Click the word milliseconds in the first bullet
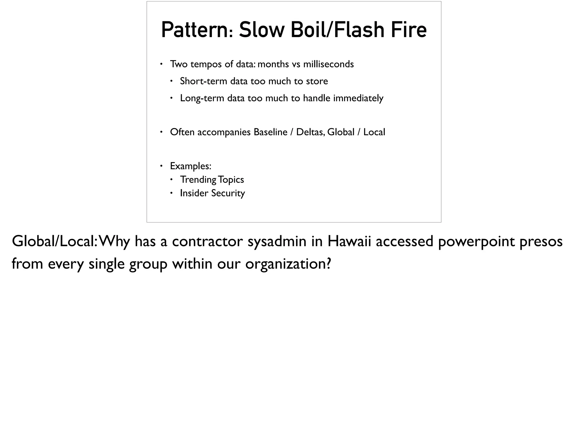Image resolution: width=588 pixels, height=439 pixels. tap(328, 64)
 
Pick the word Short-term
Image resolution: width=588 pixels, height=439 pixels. tap(204, 81)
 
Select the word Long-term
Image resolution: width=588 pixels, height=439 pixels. tap(202, 98)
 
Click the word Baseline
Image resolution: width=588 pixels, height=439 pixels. tap(270, 132)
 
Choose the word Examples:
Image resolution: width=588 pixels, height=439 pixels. tap(191, 166)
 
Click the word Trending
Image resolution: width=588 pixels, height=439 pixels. tap(198, 180)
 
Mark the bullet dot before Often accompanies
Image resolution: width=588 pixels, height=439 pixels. tap(161, 132)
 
